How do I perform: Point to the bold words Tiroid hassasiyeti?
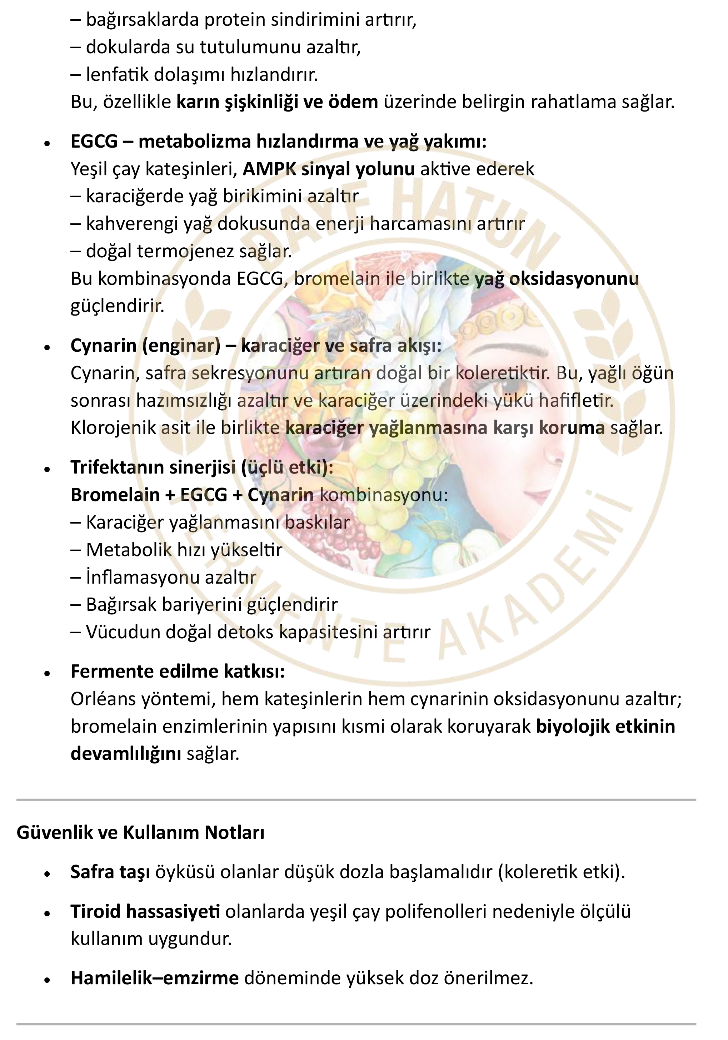(x=145, y=911)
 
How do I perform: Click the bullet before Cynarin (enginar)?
(x=47, y=347)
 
